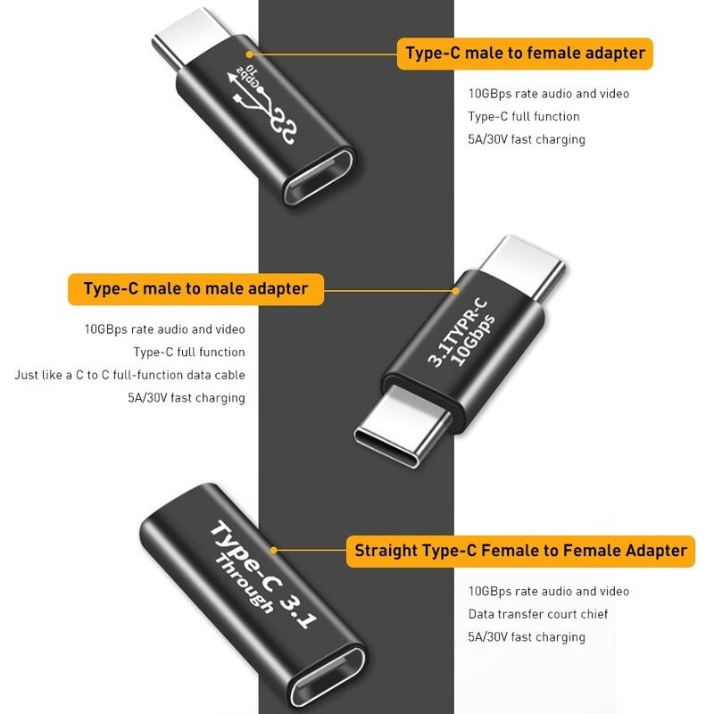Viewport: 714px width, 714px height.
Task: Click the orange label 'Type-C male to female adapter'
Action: (x=525, y=54)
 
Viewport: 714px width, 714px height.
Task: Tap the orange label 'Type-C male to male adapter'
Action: (x=195, y=289)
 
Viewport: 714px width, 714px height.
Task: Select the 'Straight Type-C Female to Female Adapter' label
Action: (x=520, y=551)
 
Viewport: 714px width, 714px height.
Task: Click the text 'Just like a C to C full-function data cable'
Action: (x=130, y=375)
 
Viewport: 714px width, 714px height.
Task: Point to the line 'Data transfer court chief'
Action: (x=538, y=614)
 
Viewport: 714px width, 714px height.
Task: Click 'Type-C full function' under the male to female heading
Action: (x=524, y=117)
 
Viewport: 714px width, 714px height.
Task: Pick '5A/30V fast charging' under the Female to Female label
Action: (x=527, y=637)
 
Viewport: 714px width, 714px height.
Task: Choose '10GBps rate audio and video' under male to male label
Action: (x=165, y=329)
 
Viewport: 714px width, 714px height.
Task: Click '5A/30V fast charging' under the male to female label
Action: (x=527, y=140)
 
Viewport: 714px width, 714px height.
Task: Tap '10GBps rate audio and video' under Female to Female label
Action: (x=548, y=591)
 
